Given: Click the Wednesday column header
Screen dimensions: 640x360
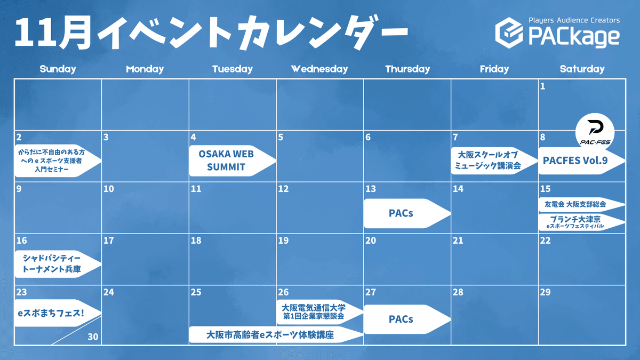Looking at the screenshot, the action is [319, 69].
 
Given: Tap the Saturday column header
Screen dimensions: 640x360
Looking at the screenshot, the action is [582, 69].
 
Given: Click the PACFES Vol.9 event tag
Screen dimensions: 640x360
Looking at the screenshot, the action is [582, 161].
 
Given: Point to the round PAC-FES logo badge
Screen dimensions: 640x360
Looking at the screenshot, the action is [595, 132].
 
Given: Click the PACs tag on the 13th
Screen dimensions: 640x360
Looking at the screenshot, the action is [407, 213].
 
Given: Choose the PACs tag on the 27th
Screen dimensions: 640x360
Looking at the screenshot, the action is [407, 319].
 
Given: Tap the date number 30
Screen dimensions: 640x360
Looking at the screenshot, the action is [93, 337].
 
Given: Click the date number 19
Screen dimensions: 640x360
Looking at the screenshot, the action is [283, 241].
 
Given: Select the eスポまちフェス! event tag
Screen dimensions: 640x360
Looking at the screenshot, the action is [58, 313].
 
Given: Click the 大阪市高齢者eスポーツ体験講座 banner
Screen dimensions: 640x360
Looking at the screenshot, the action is [276, 334].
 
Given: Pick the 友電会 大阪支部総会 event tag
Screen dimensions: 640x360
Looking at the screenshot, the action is [582, 204].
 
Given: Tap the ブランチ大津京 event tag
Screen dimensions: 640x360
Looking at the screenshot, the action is [582, 222].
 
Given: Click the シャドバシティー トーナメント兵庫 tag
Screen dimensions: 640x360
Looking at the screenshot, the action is [58, 263].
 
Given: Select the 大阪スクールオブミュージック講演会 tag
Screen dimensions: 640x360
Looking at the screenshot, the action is [494, 161].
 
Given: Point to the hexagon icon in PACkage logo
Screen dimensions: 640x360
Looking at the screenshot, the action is [509, 33].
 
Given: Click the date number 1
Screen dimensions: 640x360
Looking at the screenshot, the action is [542, 86].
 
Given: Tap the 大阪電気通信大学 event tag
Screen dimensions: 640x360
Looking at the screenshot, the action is [319, 312].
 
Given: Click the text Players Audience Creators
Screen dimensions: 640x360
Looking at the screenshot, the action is [574, 20].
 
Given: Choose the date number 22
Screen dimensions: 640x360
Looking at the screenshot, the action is [545, 241].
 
